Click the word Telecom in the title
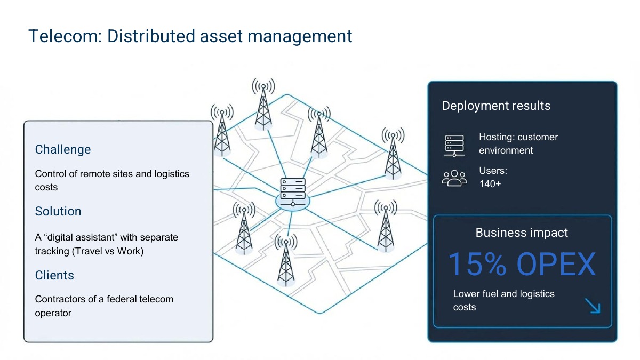point(65,36)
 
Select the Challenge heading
point(63,149)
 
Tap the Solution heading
point(58,211)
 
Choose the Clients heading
point(54,275)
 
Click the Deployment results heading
point(497,106)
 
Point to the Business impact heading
point(522,233)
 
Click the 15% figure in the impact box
point(477,264)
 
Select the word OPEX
point(556,264)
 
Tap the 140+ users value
point(490,184)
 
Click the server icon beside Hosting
point(454,146)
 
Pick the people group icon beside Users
point(454,178)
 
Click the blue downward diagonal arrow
point(593,306)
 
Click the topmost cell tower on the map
point(263,105)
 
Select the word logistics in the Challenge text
point(172,174)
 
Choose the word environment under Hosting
point(506,150)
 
